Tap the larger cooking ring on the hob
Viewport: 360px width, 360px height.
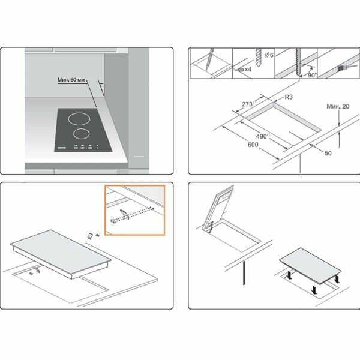pyautogui.click(x=79, y=119)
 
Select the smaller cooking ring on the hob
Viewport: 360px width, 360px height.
pyautogui.click(x=82, y=134)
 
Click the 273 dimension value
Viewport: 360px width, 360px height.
pyautogui.click(x=247, y=104)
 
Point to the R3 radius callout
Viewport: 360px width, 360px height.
pyautogui.click(x=289, y=97)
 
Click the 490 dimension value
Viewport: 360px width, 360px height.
pyautogui.click(x=262, y=136)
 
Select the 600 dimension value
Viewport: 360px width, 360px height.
pyautogui.click(x=253, y=145)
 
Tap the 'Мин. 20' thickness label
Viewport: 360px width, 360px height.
pyautogui.click(x=338, y=106)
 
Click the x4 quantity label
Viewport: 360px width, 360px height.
pyautogui.click(x=248, y=69)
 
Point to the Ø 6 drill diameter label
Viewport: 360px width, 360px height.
pyautogui.click(x=269, y=55)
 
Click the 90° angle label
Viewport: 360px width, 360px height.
pyautogui.click(x=312, y=76)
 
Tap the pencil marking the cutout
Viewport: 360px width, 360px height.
pyautogui.click(x=209, y=59)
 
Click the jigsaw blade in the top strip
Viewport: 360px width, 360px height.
pyautogui.click(x=298, y=62)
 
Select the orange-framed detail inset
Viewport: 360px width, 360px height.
pyautogui.click(x=135, y=211)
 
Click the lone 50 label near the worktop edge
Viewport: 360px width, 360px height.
pyautogui.click(x=328, y=153)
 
